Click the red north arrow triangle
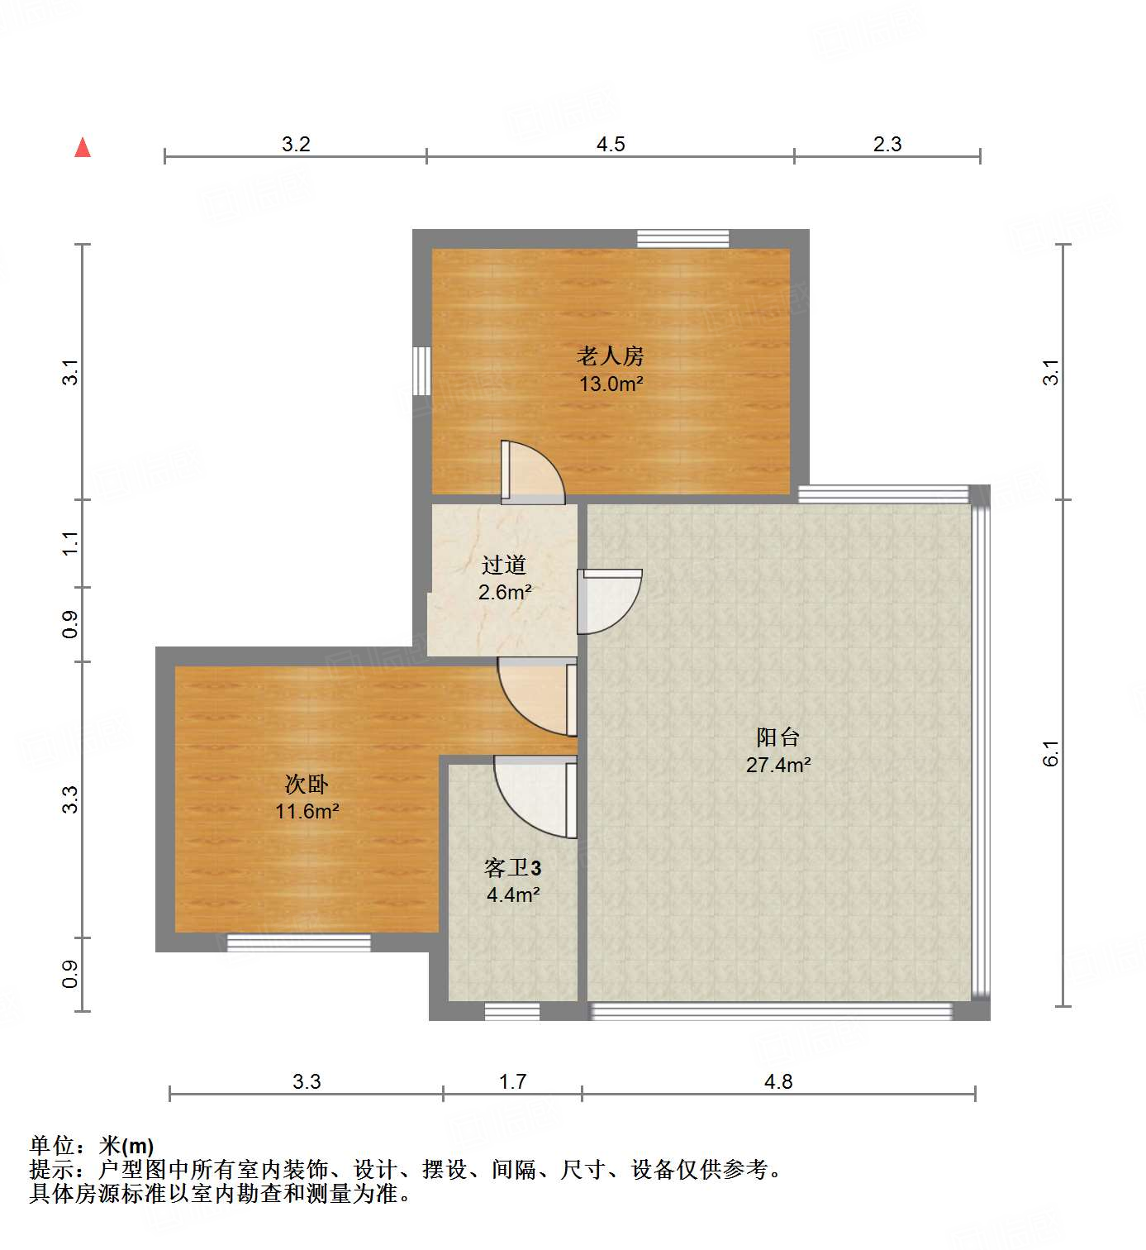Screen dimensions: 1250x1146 [x=83, y=148]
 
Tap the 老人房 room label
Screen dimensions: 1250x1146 [x=610, y=356]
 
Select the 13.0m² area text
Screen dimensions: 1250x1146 [x=611, y=384]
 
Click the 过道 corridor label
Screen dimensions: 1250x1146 [x=504, y=565]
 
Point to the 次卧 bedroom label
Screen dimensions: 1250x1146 [x=307, y=784]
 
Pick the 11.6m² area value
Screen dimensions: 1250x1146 [x=307, y=811]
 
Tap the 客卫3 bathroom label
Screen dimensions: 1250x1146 [x=512, y=867]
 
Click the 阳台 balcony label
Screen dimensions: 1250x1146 [x=777, y=737]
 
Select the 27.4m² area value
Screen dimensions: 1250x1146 [x=778, y=765]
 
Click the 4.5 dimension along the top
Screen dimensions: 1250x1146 [x=611, y=144]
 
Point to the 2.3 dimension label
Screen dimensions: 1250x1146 [x=887, y=144]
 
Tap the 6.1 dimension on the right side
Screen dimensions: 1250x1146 [x=1050, y=753]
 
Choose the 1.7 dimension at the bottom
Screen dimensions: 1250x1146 [x=512, y=1081]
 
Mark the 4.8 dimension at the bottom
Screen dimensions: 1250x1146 [x=778, y=1081]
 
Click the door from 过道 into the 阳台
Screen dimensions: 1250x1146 [x=609, y=601]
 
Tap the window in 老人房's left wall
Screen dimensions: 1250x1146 [x=422, y=371]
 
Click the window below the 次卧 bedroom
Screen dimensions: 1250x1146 [x=298, y=942]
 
